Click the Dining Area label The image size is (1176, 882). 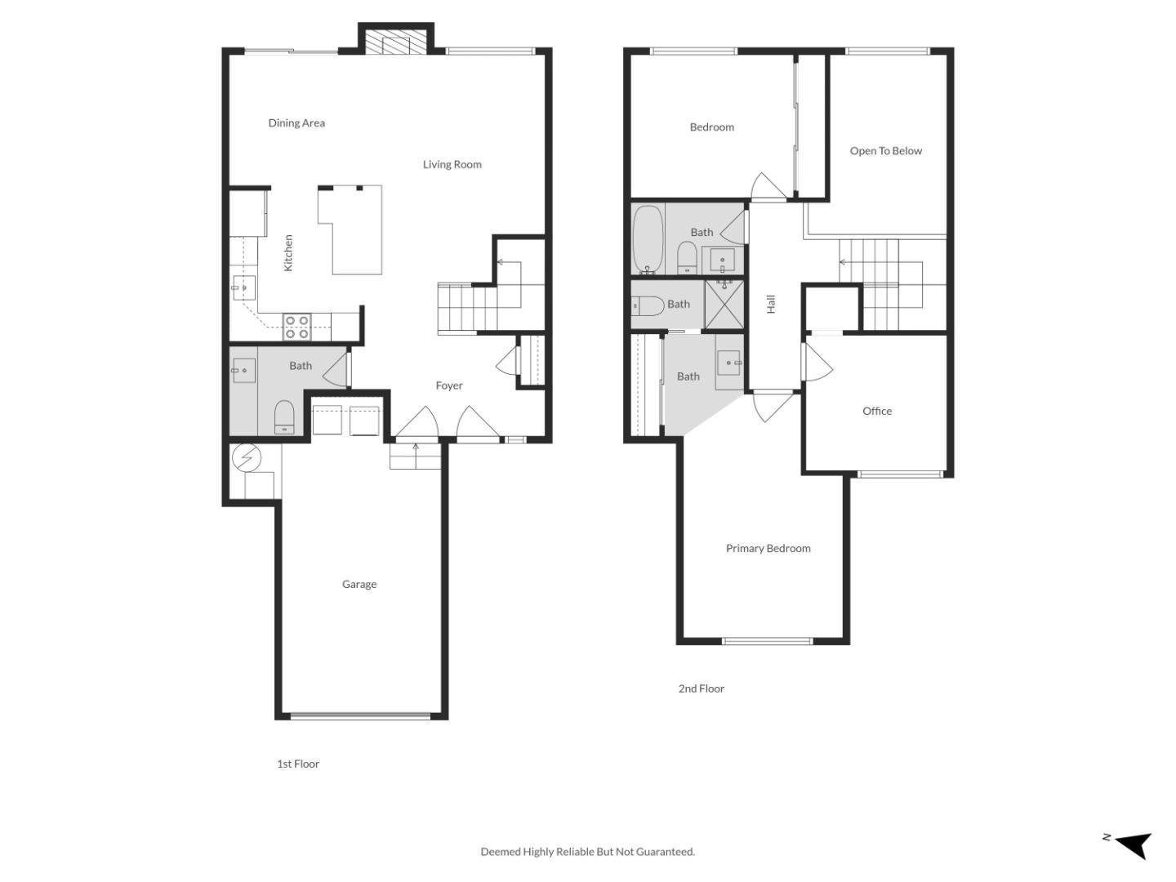coord(296,123)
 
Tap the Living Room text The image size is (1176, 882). coord(452,164)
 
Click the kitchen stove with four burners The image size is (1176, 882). coord(296,327)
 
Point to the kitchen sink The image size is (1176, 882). coord(243,288)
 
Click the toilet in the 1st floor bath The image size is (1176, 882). coord(283,416)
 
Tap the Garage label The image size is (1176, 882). coord(359,584)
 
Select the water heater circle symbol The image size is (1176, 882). coord(245,459)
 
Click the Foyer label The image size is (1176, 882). coord(449,385)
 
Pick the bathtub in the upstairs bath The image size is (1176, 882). coord(648,240)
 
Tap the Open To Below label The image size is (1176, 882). coord(885,151)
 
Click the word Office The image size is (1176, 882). coord(877,411)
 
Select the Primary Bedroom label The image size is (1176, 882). coord(768,549)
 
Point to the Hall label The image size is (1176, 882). coord(771,304)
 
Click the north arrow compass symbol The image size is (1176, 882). coord(1132,844)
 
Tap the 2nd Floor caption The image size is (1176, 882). coord(701,688)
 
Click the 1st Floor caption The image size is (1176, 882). coord(298,764)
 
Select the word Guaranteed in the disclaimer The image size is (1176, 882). coord(664,852)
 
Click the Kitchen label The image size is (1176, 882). coord(288,253)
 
